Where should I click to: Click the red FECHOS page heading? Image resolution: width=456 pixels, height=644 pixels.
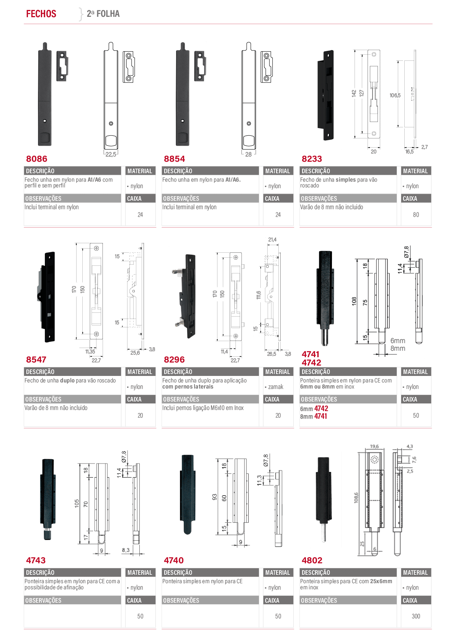tap(41, 14)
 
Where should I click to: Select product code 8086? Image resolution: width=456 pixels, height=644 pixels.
tap(36, 159)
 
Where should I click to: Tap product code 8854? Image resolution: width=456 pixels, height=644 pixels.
tap(175, 159)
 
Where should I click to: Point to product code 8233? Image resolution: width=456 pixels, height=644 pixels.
tap(312, 159)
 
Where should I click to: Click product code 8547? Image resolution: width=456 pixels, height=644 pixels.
tap(36, 359)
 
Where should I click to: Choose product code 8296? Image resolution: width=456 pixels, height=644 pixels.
tap(174, 359)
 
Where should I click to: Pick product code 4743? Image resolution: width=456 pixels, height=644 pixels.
tap(36, 560)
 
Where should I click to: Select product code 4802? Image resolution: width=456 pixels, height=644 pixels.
tap(312, 560)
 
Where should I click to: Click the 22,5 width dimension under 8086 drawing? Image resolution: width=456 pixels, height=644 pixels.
tap(111, 154)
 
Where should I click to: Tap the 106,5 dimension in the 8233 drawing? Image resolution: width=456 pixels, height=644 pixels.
tap(395, 96)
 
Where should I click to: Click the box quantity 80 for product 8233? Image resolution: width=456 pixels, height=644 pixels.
tap(416, 215)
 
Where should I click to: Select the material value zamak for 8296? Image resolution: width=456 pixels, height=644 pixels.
tap(276, 387)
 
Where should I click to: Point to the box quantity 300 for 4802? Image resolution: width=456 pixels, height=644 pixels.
tap(416, 616)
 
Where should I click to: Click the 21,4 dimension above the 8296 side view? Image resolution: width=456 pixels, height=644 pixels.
tap(272, 239)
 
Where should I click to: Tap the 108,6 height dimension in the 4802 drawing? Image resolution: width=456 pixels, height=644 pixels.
tap(356, 498)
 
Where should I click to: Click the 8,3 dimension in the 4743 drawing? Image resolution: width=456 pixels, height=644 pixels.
tap(126, 550)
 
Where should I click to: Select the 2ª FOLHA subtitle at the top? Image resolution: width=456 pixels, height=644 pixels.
tap(103, 14)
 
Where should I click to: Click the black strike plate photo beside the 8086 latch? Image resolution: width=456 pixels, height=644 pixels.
tap(62, 66)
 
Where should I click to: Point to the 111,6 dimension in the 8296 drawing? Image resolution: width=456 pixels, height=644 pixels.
tap(258, 295)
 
